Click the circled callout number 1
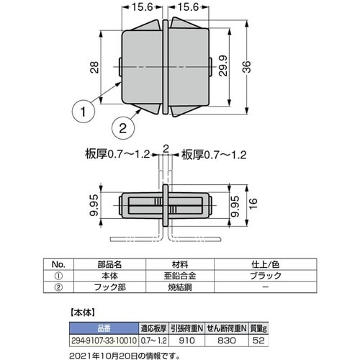(x=84, y=112)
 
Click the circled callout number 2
(x=123, y=129)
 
